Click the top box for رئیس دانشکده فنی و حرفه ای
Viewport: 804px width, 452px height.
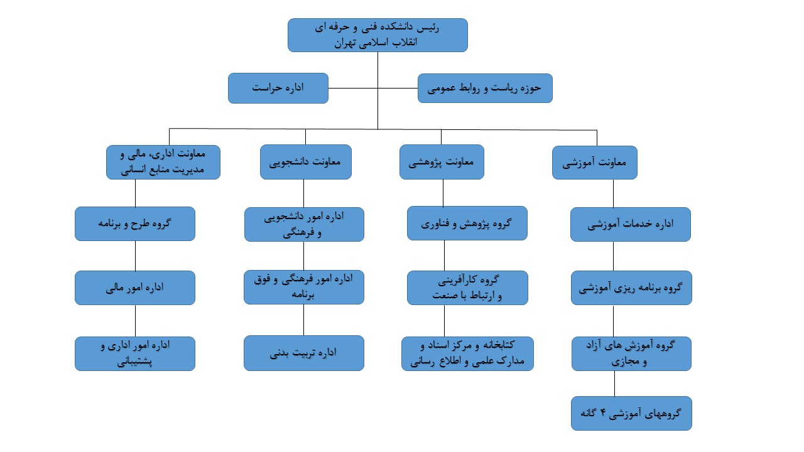click(x=378, y=35)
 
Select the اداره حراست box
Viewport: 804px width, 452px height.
click(x=278, y=89)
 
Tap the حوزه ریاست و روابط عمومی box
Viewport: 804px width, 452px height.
click(x=485, y=89)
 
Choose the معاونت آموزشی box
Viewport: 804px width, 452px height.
click(x=595, y=163)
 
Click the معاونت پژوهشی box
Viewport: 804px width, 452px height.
click(x=442, y=162)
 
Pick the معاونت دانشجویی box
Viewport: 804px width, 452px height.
click(x=306, y=162)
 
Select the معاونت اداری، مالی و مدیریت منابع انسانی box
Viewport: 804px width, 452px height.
click(x=163, y=162)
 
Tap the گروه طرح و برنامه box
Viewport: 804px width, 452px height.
click(x=135, y=224)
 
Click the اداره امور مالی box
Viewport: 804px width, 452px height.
click(x=135, y=288)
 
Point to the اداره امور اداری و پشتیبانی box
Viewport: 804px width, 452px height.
click(x=135, y=353)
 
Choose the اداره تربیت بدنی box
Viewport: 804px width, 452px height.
click(x=304, y=353)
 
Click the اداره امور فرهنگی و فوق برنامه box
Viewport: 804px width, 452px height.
click(x=304, y=287)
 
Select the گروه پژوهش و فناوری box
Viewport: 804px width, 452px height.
click(x=467, y=223)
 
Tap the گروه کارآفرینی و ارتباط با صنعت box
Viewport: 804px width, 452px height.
click(x=468, y=288)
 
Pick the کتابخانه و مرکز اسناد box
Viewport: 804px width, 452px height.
click(x=468, y=353)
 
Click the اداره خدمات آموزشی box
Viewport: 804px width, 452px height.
click(x=631, y=224)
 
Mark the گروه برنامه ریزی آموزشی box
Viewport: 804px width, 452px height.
click(x=632, y=288)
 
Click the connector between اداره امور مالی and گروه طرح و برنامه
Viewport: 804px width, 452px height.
click(x=135, y=256)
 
